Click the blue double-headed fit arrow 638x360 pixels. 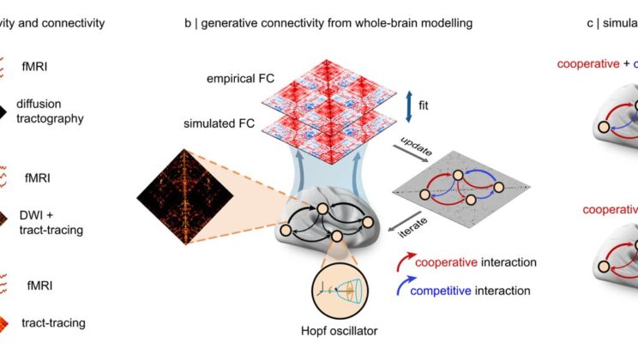pos(408,102)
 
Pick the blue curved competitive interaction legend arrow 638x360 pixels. pos(401,291)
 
